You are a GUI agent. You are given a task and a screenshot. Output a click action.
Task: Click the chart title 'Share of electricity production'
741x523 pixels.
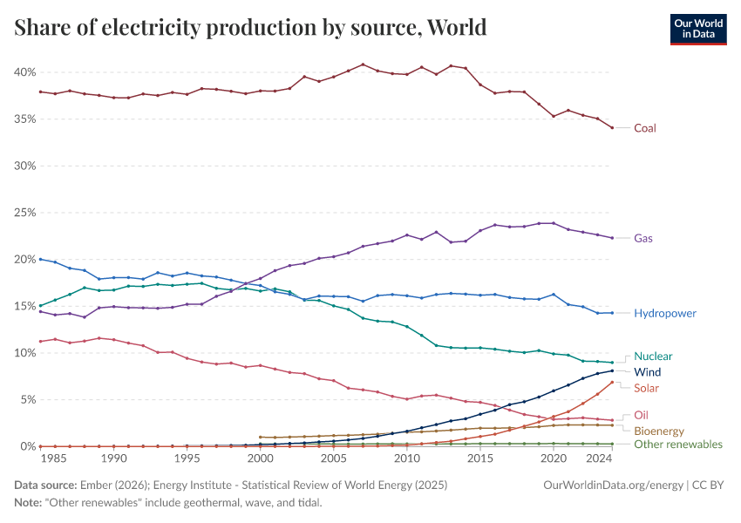pyautogui.click(x=250, y=28)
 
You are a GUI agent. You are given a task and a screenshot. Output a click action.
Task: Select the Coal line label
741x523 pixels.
pyautogui.click(x=644, y=128)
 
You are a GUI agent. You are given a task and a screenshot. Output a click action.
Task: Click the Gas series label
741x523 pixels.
pyautogui.click(x=643, y=238)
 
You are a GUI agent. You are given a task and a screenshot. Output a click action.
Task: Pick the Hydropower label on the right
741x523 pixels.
pyautogui.click(x=665, y=313)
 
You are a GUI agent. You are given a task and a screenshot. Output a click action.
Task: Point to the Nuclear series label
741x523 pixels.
pyautogui.click(x=653, y=357)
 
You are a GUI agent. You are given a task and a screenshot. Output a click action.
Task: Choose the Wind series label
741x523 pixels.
pyautogui.click(x=647, y=372)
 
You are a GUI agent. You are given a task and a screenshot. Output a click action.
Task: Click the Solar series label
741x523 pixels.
pyautogui.click(x=646, y=388)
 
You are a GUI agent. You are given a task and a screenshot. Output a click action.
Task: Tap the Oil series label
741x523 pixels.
pyautogui.click(x=641, y=415)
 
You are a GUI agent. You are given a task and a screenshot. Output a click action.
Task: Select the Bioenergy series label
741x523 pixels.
pyautogui.click(x=658, y=431)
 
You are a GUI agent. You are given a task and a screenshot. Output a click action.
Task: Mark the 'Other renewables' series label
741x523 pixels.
pyautogui.click(x=677, y=445)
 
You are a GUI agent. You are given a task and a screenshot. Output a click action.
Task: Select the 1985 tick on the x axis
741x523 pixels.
pyautogui.click(x=54, y=458)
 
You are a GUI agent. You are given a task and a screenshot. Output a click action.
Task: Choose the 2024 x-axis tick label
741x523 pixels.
pyautogui.click(x=598, y=458)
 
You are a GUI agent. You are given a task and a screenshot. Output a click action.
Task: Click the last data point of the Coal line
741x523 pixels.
pyautogui.click(x=612, y=128)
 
